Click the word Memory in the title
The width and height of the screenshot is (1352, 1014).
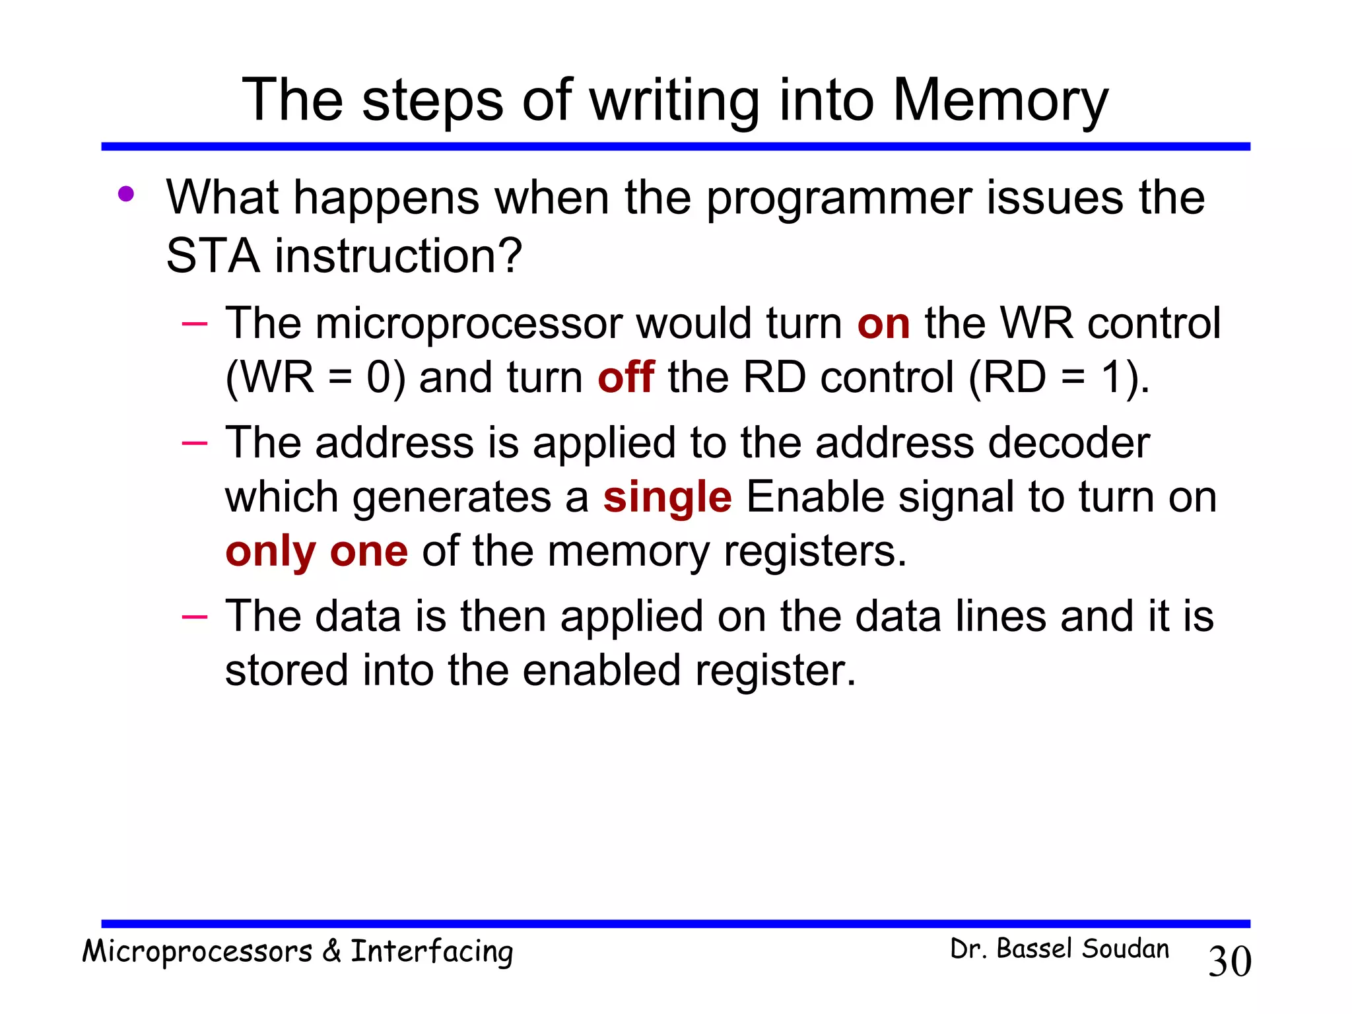1000,101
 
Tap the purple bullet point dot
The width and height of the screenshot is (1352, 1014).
126,194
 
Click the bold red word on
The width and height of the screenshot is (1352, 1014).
883,323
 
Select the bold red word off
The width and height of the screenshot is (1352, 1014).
625,378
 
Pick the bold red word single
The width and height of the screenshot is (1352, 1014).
667,497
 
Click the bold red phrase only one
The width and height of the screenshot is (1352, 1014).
316,551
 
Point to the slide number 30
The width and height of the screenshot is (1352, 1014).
1229,961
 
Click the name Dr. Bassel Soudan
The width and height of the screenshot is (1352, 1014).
1059,949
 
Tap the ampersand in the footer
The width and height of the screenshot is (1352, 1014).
331,951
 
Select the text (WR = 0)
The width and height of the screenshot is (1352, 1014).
315,378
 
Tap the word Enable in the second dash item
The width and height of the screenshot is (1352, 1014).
815,497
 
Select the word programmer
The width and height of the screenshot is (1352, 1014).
838,198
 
